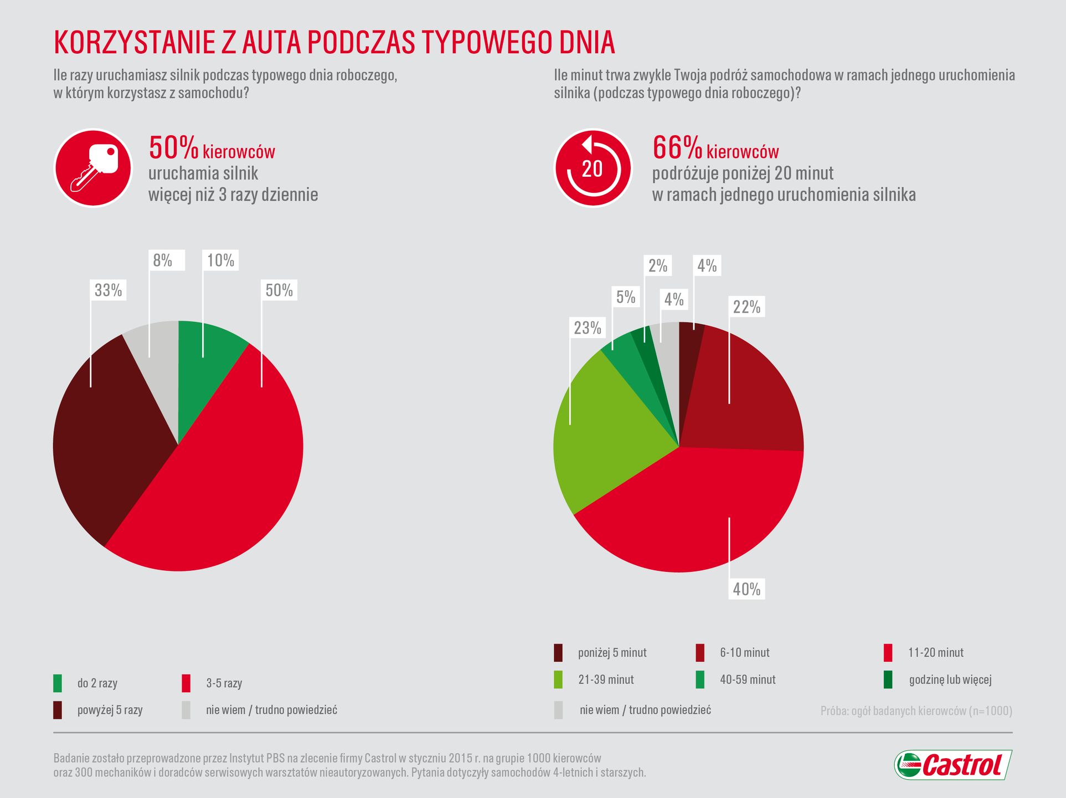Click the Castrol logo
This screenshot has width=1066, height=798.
(x=953, y=765)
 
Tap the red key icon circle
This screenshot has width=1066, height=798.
(x=93, y=168)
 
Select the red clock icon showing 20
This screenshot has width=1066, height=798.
(x=593, y=168)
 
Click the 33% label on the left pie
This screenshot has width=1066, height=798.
(x=108, y=290)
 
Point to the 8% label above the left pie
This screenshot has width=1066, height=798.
(x=163, y=260)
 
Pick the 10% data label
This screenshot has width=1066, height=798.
(x=220, y=260)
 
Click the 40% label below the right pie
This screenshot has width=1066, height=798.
(x=746, y=589)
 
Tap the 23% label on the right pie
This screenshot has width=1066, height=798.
(x=587, y=328)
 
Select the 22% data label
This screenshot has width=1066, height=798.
(x=746, y=307)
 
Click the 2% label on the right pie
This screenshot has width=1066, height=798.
(x=658, y=266)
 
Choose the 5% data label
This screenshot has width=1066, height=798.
(x=626, y=298)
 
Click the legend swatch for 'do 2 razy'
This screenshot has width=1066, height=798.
(x=58, y=683)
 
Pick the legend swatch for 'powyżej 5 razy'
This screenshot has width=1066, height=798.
(x=58, y=710)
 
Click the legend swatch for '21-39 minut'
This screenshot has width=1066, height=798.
(x=558, y=679)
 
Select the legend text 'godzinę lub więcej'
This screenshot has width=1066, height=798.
(x=950, y=679)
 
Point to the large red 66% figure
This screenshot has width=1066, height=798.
(x=677, y=148)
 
